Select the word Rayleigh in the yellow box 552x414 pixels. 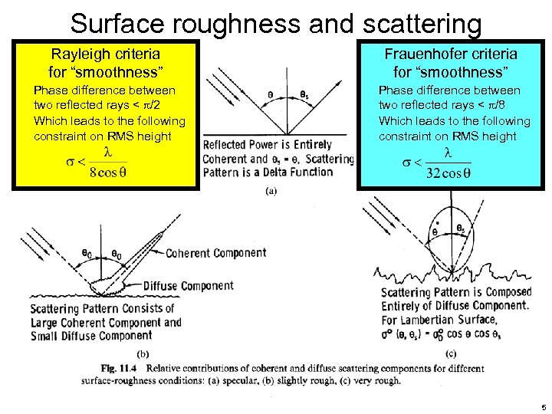point(80,54)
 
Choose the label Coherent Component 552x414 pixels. point(216,253)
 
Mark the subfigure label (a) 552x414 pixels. point(271,192)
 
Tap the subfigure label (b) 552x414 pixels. point(143,354)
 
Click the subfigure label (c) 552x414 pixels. point(452,353)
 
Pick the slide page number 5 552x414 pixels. point(542,406)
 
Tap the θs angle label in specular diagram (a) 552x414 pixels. point(304,95)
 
